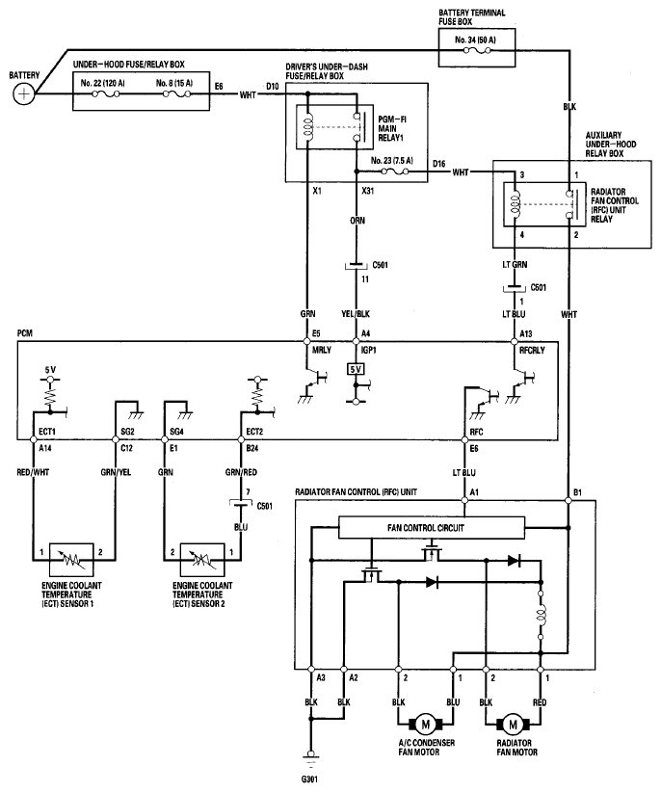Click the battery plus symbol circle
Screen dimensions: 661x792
point(23,94)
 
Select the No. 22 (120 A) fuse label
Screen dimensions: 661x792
point(102,83)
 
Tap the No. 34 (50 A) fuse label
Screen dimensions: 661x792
point(475,40)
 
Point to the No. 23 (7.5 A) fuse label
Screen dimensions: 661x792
point(391,161)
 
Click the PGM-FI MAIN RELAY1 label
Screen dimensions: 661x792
point(392,128)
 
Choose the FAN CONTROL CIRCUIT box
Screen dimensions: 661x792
point(432,528)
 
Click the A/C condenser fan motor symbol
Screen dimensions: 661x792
point(425,725)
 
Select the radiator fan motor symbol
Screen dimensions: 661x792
point(513,725)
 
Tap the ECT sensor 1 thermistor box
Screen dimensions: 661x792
point(71,560)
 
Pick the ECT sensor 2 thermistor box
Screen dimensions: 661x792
point(202,560)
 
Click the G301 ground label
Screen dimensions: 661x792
point(309,779)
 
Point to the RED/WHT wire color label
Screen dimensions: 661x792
point(33,472)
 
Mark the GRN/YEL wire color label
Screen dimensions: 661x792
point(116,472)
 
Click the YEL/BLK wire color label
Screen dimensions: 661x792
point(356,314)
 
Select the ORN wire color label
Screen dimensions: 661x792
point(357,221)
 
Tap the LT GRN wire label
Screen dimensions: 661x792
point(515,265)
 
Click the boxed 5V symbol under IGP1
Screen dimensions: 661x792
point(356,370)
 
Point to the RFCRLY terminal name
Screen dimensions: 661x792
point(532,350)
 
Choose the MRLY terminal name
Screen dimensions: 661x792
point(321,350)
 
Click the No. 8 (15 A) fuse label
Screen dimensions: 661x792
point(174,83)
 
